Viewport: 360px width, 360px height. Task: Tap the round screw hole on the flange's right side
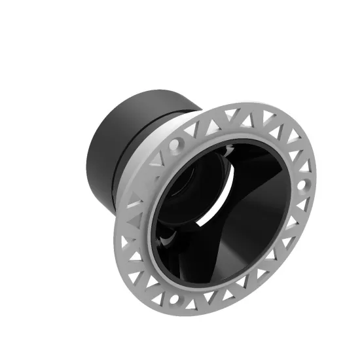pos(302,185)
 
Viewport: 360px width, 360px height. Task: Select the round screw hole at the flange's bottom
pos(173,300)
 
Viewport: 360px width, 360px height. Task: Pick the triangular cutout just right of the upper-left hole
pos(191,131)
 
